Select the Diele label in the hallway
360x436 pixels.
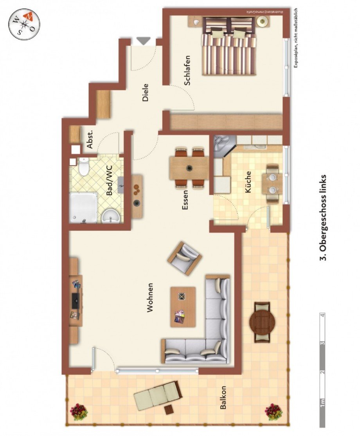point(146,93)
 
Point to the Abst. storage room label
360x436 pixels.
point(90,139)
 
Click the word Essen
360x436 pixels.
point(185,200)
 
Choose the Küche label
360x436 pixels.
point(248,182)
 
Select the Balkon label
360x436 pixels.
point(223,398)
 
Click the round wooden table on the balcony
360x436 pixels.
point(262,322)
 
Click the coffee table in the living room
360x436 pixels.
point(183,307)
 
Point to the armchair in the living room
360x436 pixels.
point(185,258)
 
